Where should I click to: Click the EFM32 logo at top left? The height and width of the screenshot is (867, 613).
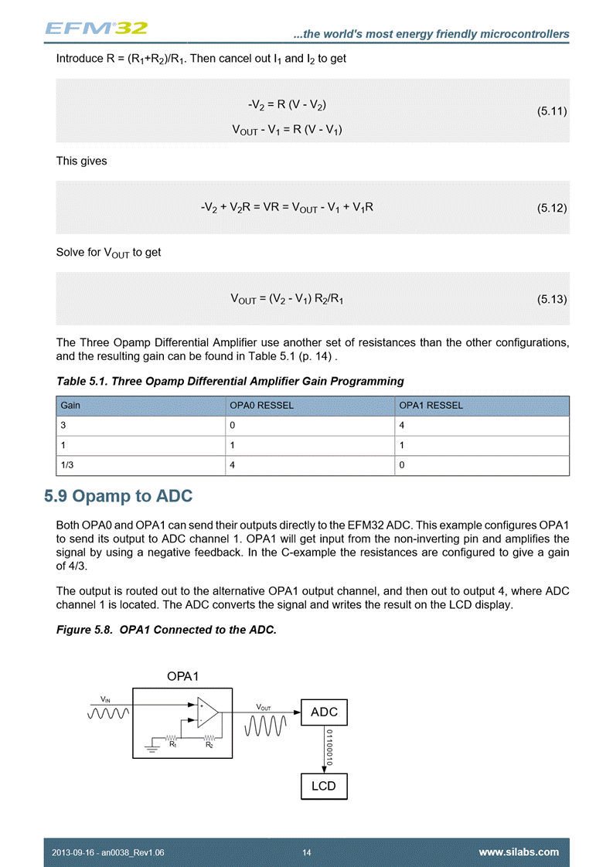(96, 28)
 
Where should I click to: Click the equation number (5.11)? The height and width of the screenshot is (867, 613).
(552, 111)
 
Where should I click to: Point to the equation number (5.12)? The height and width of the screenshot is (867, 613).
(552, 208)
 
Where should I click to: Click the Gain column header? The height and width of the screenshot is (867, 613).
(71, 406)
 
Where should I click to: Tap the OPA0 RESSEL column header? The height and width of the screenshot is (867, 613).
(262, 406)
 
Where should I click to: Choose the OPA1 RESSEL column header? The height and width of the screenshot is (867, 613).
(431, 406)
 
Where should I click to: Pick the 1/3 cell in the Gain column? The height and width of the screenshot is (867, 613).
(67, 465)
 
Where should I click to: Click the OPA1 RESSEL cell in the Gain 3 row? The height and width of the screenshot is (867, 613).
(402, 426)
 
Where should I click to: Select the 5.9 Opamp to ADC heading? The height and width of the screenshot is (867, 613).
(118, 495)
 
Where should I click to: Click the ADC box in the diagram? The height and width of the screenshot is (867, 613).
(324, 712)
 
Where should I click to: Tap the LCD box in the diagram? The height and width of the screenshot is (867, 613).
(324, 786)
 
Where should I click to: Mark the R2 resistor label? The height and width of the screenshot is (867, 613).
(209, 745)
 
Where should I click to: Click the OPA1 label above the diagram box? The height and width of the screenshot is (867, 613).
(182, 676)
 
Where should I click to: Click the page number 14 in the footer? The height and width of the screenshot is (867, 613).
(307, 852)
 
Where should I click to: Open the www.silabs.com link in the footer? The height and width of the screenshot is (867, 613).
(519, 852)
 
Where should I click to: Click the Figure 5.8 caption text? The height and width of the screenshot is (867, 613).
(166, 630)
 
